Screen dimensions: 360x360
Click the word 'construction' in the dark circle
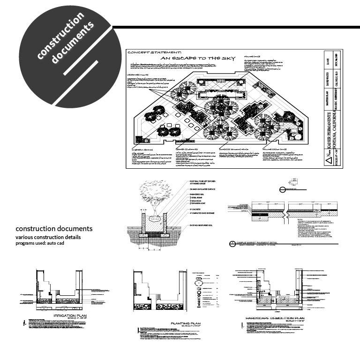click(x=60, y=35)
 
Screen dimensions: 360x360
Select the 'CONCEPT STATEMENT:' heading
click(x=148, y=53)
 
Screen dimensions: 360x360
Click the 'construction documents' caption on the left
click(x=54, y=229)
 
